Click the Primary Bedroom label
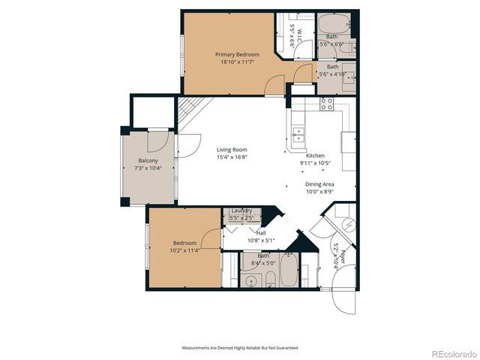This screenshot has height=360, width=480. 237,55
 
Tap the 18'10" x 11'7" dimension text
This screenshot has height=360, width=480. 237,62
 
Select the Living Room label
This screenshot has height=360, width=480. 232,149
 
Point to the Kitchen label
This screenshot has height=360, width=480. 314,154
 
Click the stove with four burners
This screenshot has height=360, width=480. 327,103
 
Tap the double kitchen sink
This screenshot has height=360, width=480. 298,135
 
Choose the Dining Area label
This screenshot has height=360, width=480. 319,184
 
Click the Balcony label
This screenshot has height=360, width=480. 148,160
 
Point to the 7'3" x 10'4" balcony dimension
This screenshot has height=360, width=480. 148,168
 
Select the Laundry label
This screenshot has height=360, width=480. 241,211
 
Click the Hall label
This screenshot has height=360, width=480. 240,232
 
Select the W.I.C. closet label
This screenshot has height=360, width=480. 298,34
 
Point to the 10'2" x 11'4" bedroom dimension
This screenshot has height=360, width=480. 184,250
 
